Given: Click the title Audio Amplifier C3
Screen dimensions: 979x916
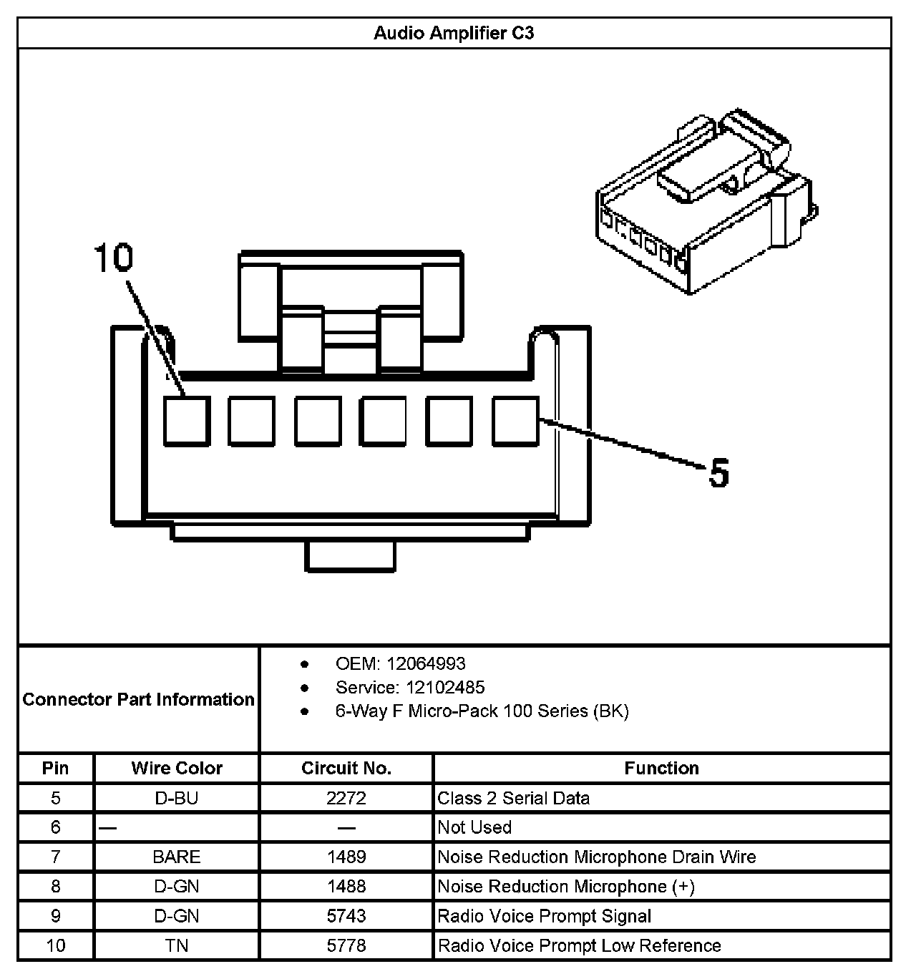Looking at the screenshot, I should (x=454, y=34).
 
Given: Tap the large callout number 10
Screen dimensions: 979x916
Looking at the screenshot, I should (x=114, y=258).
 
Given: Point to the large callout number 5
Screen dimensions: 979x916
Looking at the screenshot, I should (x=718, y=473).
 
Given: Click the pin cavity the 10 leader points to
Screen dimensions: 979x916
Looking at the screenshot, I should (x=187, y=421).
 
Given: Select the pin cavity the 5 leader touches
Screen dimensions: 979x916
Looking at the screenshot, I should (x=515, y=421).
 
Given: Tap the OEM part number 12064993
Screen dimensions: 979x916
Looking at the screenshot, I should (x=426, y=663).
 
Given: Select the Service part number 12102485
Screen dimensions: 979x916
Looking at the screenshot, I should (x=445, y=688).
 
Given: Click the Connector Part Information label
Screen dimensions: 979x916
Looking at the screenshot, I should (x=138, y=699).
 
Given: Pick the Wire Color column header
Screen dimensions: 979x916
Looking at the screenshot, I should (x=177, y=769).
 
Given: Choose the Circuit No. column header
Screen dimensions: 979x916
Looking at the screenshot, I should (x=346, y=769).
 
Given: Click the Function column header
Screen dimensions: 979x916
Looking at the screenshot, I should (x=661, y=769).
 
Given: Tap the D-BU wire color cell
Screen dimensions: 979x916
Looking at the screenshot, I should (x=177, y=798).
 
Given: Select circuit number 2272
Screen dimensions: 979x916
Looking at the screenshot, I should (x=346, y=798).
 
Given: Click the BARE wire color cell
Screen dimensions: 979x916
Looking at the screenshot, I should (x=177, y=857).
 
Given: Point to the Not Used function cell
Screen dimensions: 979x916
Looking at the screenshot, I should (x=474, y=827).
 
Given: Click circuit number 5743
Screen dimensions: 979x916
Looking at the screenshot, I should (x=346, y=916).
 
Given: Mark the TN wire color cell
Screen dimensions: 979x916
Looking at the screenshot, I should (x=177, y=945).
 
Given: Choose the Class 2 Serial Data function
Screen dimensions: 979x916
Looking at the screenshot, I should (x=514, y=798).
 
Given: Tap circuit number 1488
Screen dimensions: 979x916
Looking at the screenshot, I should (x=346, y=887).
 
